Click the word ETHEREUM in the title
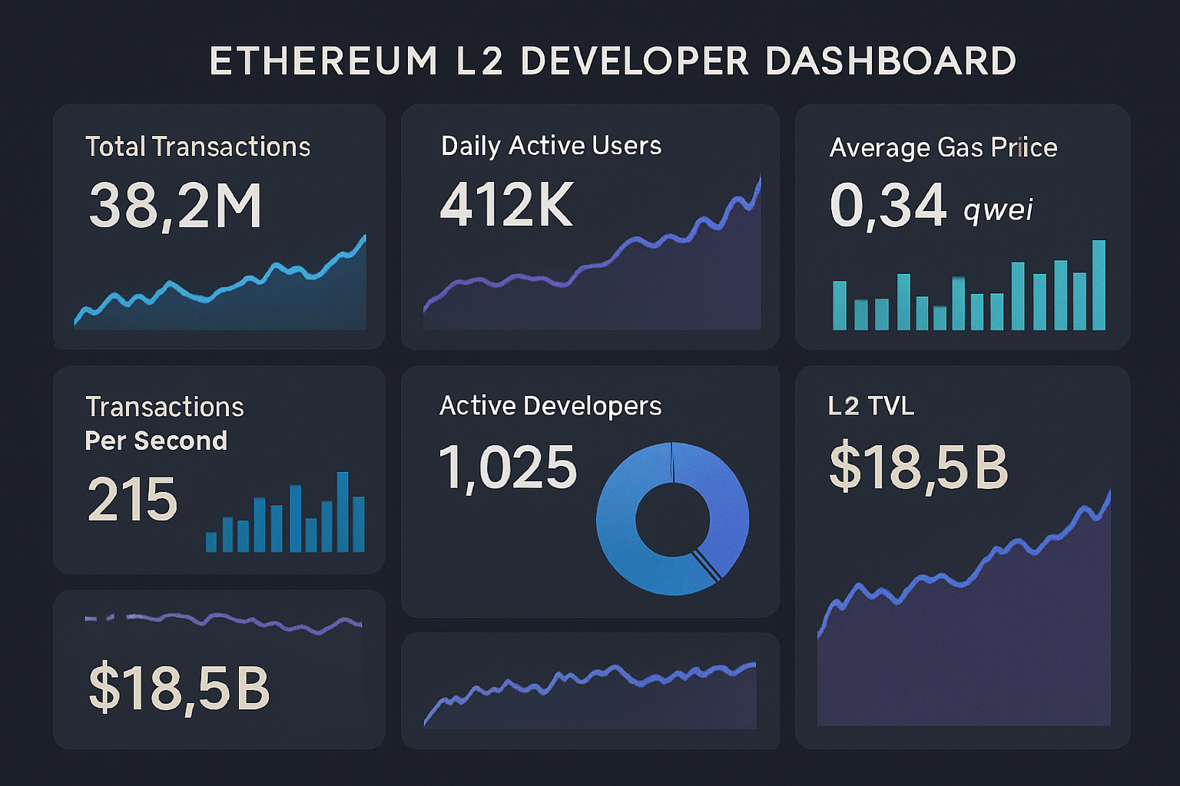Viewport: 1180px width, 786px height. pyautogui.click(x=323, y=61)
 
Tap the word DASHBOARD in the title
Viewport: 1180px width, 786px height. pyautogui.click(x=891, y=61)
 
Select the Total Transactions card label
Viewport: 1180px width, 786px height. pyautogui.click(x=197, y=147)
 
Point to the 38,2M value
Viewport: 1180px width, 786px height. pyautogui.click(x=175, y=206)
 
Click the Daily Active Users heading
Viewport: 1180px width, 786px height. pyautogui.click(x=551, y=145)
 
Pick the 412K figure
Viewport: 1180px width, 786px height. pyautogui.click(x=506, y=205)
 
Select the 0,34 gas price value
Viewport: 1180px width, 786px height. pyautogui.click(x=887, y=206)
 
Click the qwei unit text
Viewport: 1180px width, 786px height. pyautogui.click(x=998, y=209)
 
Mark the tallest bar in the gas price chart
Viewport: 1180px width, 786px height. pyautogui.click(x=1099, y=286)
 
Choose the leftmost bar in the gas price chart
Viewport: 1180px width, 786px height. pyautogui.click(x=840, y=305)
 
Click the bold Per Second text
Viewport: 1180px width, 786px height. pyautogui.click(x=156, y=441)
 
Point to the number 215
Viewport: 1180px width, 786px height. pyautogui.click(x=132, y=500)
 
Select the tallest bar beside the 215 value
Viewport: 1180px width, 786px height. pyautogui.click(x=343, y=512)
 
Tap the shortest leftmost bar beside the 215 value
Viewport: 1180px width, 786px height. pyautogui.click(x=211, y=542)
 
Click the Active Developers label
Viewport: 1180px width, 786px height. pyautogui.click(x=550, y=405)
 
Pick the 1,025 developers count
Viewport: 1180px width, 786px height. pyautogui.click(x=507, y=467)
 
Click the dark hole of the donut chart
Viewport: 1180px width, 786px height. pyautogui.click(x=671, y=519)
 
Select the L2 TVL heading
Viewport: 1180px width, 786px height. pyautogui.click(x=871, y=405)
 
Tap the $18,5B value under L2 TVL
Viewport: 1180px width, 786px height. pyautogui.click(x=919, y=467)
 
